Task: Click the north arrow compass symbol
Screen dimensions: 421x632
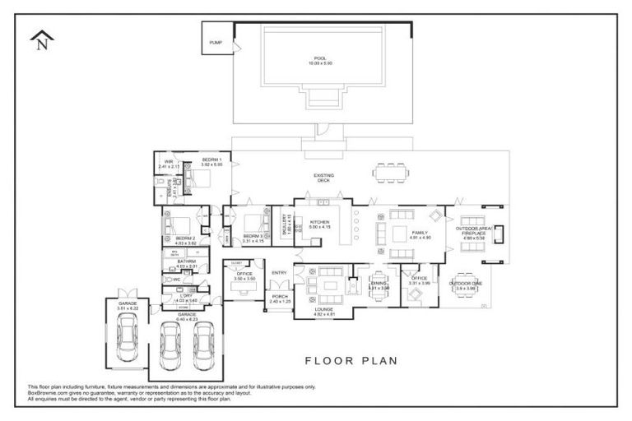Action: pos(40,39)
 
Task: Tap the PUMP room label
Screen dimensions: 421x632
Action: pos(216,43)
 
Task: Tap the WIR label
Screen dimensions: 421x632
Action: pos(168,164)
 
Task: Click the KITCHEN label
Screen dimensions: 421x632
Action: pos(319,224)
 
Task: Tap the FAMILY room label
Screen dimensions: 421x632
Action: pos(421,235)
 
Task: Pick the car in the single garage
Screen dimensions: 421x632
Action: pos(127,337)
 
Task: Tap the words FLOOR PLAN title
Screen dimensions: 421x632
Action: pos(351,359)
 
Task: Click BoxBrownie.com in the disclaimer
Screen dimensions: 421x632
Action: pos(49,392)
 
